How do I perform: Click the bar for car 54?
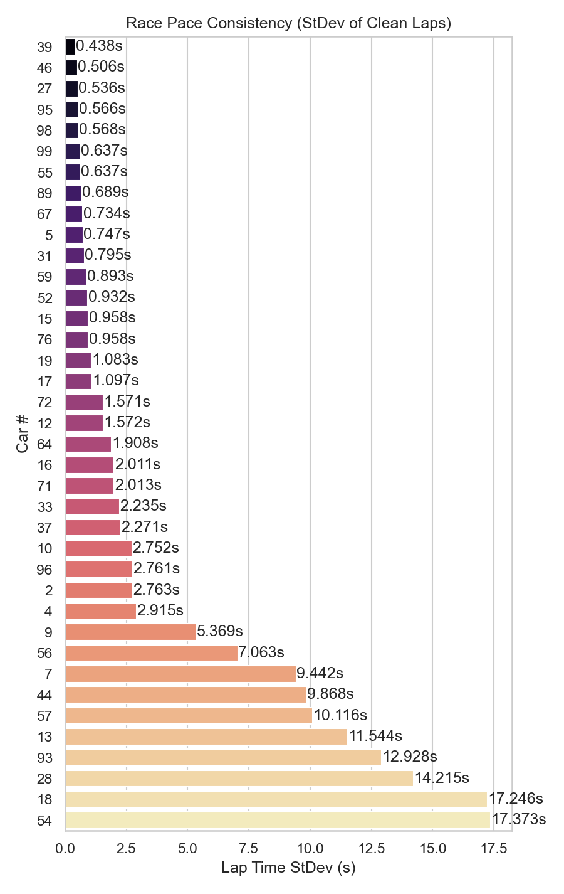click(278, 820)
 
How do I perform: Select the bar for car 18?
click(276, 799)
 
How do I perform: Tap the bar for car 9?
click(130, 632)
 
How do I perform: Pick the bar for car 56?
click(151, 653)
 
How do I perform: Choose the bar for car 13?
click(206, 737)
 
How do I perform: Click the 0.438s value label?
click(99, 46)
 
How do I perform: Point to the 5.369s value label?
click(220, 631)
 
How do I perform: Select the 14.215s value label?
click(442, 778)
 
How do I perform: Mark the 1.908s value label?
click(135, 443)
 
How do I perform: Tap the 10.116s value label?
click(340, 715)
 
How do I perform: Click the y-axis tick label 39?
click(44, 47)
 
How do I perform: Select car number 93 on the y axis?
click(44, 758)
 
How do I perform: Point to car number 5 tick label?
click(49, 235)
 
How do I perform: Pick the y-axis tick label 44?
click(44, 695)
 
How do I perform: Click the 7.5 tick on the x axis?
click(249, 848)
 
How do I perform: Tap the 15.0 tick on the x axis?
click(432, 848)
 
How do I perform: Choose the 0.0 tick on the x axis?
click(65, 848)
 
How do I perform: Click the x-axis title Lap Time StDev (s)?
click(288, 868)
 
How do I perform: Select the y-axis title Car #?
click(23, 433)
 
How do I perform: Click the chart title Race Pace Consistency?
click(288, 23)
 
